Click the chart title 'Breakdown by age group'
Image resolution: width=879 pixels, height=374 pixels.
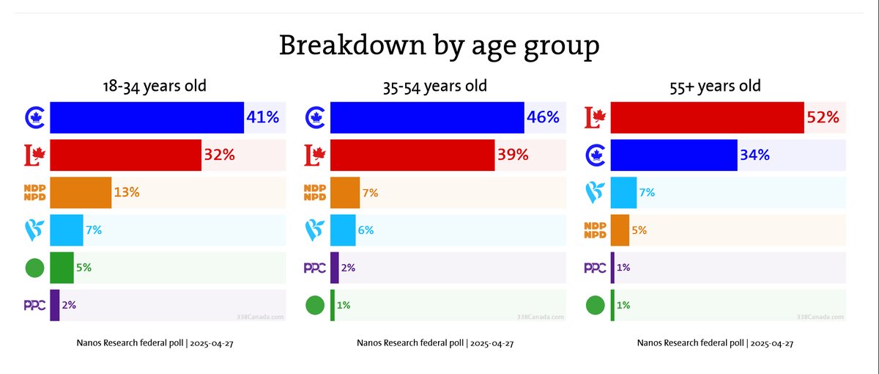click(x=439, y=46)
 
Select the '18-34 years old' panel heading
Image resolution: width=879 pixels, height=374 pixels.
click(x=155, y=86)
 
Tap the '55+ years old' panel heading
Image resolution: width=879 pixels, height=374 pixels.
click(x=715, y=86)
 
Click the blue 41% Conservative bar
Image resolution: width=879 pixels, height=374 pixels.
click(x=146, y=117)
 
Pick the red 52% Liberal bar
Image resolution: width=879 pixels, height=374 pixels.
click(x=707, y=117)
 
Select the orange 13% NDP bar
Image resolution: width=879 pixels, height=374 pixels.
click(x=81, y=193)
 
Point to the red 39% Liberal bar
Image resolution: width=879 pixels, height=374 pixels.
click(x=412, y=155)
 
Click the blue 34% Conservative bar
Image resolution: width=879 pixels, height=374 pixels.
click(x=673, y=155)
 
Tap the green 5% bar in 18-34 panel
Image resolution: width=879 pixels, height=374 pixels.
click(x=62, y=268)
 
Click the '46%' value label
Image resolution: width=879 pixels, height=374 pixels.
click(x=543, y=117)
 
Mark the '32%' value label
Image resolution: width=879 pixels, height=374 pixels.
click(x=219, y=155)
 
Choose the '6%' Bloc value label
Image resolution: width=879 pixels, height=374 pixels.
click(x=366, y=230)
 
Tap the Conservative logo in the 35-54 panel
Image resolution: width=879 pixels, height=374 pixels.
click(x=315, y=117)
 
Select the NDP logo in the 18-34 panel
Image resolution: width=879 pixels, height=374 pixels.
click(x=34, y=193)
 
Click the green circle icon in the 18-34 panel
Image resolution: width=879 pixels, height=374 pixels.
click(x=34, y=268)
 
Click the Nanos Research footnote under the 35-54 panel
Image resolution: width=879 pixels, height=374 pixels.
click(x=435, y=343)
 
